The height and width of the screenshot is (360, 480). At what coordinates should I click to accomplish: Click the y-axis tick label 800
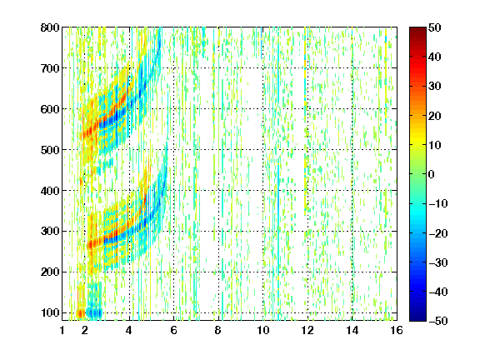pyautogui.click(x=50, y=27)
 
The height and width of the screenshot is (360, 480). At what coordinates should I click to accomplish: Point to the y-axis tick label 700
pyautogui.click(x=50, y=68)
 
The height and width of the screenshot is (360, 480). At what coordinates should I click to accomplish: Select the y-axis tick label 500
pyautogui.click(x=50, y=150)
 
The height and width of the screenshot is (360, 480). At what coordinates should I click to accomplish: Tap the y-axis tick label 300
pyautogui.click(x=50, y=231)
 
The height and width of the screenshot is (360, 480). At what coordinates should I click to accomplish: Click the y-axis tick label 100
pyautogui.click(x=50, y=312)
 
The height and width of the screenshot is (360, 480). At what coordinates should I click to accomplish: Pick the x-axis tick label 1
pyautogui.click(x=62, y=330)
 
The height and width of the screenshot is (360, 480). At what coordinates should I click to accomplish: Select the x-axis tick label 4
pyautogui.click(x=129, y=330)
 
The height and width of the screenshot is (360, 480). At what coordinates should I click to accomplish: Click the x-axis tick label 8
pyautogui.click(x=217, y=330)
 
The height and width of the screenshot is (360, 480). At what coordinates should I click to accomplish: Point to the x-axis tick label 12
pyautogui.click(x=307, y=330)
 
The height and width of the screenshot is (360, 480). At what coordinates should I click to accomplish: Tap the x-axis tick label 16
pyautogui.click(x=397, y=330)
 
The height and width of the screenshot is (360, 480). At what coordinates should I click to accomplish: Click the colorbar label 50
pyautogui.click(x=435, y=27)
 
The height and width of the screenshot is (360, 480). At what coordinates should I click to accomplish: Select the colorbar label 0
pyautogui.click(x=432, y=174)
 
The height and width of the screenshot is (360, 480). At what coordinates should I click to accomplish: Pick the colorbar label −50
pyautogui.click(x=438, y=321)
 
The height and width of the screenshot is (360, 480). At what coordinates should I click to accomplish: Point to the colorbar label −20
pyautogui.click(x=438, y=233)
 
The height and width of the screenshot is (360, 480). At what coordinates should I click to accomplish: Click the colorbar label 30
pyautogui.click(x=435, y=87)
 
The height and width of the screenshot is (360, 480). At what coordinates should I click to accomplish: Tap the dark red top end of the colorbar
pyautogui.click(x=417, y=28)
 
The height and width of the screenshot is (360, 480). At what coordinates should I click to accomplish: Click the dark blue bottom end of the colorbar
pyautogui.click(x=417, y=319)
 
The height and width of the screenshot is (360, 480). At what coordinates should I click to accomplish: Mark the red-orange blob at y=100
pyautogui.click(x=80, y=313)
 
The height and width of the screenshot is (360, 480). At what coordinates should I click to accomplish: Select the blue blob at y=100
pyautogui.click(x=94, y=312)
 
